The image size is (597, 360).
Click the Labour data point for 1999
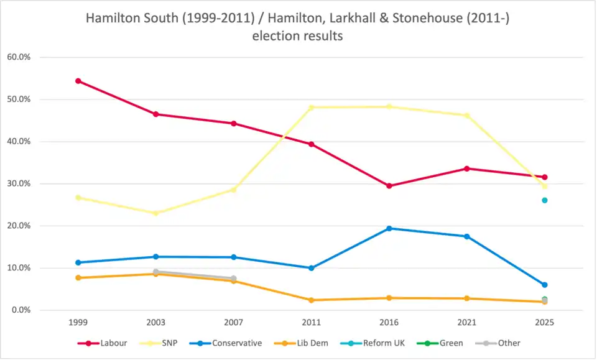tap(78, 81)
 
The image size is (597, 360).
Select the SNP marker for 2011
tap(312, 108)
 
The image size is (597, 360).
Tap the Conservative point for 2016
tap(389, 228)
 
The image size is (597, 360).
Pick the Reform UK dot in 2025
tap(544, 200)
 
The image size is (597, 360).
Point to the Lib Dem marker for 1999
tap(78, 278)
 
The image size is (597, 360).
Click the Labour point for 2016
tap(389, 186)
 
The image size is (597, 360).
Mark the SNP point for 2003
tap(156, 213)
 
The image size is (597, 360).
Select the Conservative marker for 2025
tap(544, 285)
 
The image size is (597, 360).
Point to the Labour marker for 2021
tap(466, 168)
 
